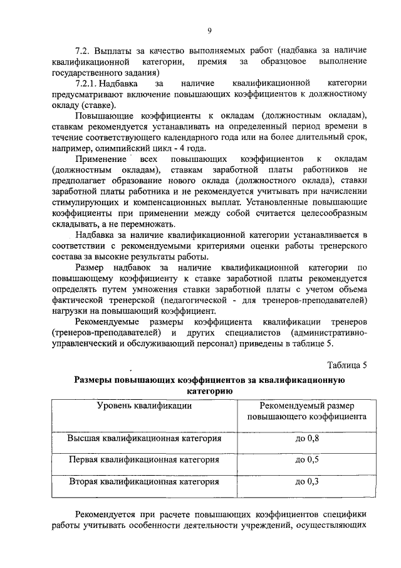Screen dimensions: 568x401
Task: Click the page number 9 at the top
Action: click(x=209, y=29)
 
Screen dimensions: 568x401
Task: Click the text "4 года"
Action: click(x=191, y=148)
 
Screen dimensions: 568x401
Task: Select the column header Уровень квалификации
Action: click(x=145, y=405)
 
